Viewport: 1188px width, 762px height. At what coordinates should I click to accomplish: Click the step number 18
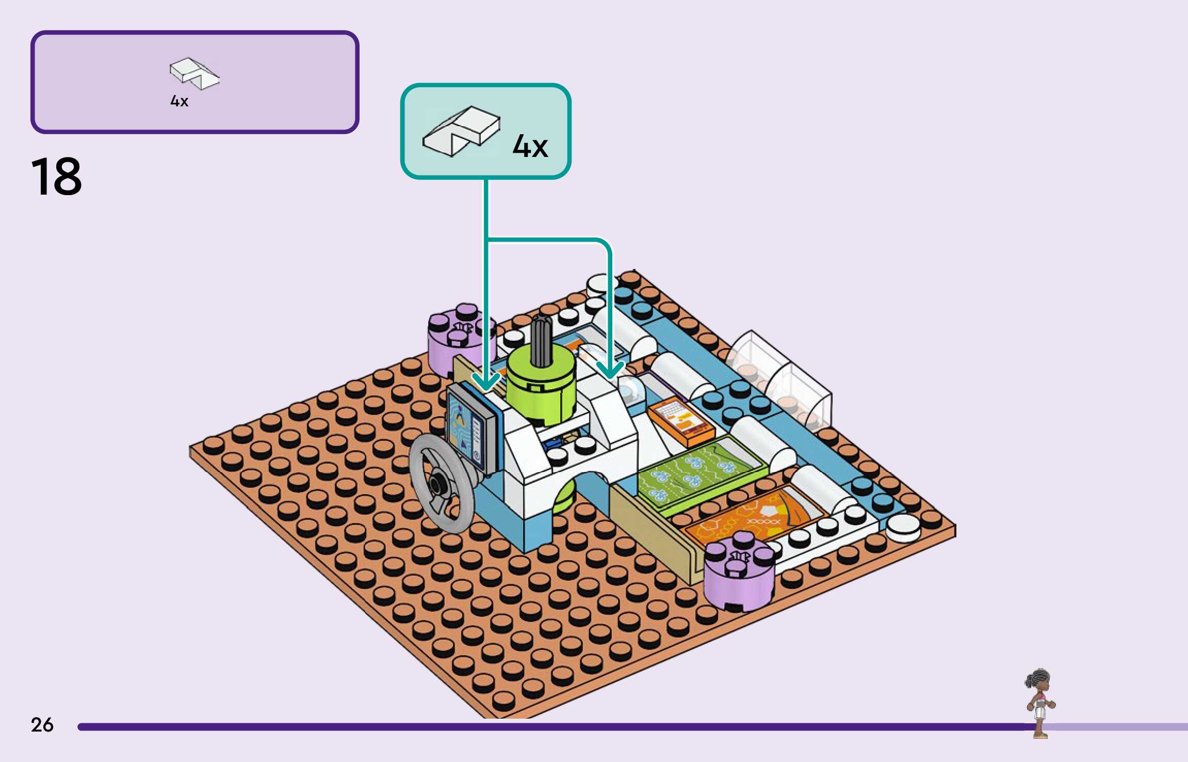(56, 177)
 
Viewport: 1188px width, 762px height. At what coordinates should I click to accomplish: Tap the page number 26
(42, 724)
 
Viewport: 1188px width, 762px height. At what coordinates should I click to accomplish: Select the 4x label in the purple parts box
(179, 101)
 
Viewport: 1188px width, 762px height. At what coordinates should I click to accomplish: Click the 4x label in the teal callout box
(530, 146)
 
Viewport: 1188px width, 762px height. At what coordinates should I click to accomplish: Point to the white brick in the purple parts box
(194, 73)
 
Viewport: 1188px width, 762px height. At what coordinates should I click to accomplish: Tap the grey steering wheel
(442, 483)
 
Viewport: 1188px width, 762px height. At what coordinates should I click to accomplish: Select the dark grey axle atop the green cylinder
(541, 341)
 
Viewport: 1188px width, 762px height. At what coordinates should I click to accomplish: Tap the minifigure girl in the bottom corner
(1039, 702)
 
